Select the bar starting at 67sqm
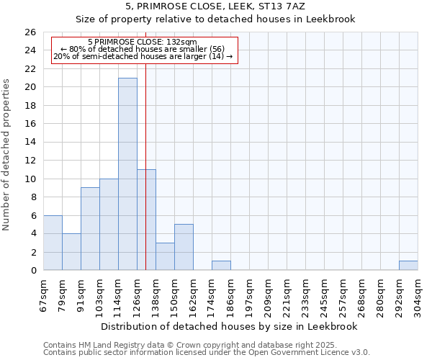(x=53, y=243)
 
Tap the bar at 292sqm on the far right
(x=408, y=266)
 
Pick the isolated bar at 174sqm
(x=221, y=266)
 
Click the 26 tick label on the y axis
(x=30, y=32)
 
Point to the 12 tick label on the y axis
(x=30, y=161)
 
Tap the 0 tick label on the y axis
(x=32, y=271)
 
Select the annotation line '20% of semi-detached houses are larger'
(x=143, y=56)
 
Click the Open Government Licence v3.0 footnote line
(x=207, y=353)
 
